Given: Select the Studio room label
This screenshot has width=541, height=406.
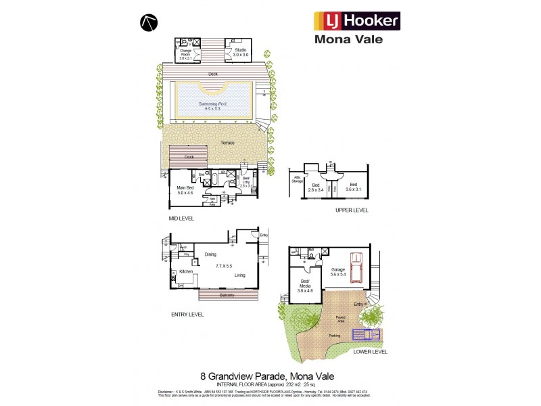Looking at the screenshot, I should click(x=222, y=51).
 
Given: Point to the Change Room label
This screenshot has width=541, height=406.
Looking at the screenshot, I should click(x=187, y=53).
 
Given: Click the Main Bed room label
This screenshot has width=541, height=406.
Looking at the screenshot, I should click(x=185, y=190).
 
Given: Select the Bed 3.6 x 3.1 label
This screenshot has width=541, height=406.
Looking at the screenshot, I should click(x=352, y=186).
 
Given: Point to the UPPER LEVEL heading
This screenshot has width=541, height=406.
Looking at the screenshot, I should click(x=352, y=210).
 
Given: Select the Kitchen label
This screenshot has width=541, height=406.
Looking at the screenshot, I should click(x=187, y=271).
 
